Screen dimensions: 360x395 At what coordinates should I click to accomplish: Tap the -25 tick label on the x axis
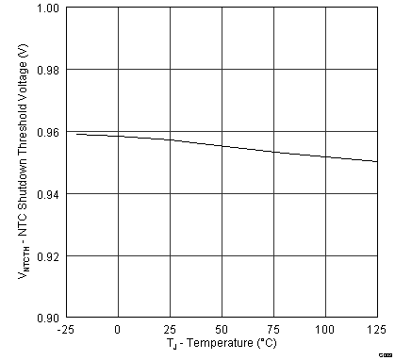point(66,329)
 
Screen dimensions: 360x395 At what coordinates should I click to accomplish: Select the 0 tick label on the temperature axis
point(117,329)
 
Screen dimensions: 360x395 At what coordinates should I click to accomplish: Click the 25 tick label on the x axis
point(169,329)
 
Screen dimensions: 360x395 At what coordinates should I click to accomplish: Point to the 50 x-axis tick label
point(221,329)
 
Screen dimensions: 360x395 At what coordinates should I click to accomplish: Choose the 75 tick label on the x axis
point(272,329)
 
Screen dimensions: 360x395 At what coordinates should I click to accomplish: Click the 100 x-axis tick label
point(324,329)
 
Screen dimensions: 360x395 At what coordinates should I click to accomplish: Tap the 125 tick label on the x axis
point(375,329)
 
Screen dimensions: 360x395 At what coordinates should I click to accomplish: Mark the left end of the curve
point(76,134)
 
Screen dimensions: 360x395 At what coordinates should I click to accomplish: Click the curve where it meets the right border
point(376,161)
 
